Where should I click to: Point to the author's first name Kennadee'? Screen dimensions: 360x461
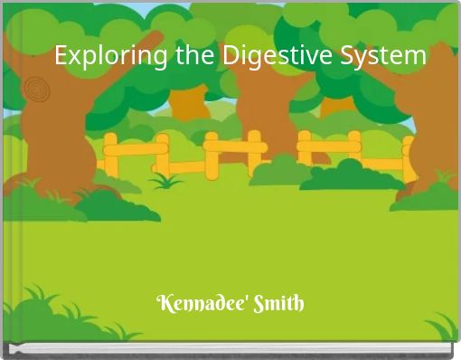202,303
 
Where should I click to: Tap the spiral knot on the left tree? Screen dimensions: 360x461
36,88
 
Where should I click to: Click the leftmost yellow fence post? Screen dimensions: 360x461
110,156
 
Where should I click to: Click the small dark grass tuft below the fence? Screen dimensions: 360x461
165,180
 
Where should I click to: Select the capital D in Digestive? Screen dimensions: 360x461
230,56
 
